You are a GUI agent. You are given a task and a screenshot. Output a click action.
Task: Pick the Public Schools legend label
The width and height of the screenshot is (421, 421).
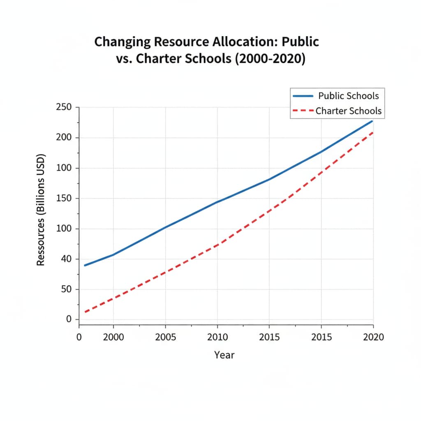tap(349, 96)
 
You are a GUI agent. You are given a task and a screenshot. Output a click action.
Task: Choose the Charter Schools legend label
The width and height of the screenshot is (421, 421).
tap(349, 111)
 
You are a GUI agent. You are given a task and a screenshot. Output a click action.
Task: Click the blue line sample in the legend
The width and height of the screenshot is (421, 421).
tap(303, 96)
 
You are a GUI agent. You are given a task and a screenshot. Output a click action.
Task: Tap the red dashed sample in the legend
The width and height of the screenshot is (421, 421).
tap(303, 111)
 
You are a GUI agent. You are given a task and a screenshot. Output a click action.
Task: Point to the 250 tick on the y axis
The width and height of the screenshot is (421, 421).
tap(63, 107)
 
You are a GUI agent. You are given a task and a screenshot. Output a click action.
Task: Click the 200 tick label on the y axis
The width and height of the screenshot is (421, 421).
tap(63, 138)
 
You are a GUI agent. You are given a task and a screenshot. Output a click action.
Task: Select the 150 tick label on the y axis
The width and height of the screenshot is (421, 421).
tap(63, 199)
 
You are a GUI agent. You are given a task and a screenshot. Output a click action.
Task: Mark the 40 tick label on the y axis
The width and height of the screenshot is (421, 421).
tap(65, 259)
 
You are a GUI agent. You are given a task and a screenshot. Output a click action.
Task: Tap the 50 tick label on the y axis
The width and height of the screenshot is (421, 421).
tap(65, 289)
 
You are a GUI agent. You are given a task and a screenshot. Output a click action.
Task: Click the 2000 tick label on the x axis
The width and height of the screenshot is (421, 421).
tap(113, 337)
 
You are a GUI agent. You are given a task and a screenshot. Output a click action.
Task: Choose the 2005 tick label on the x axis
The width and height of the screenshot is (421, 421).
tap(165, 337)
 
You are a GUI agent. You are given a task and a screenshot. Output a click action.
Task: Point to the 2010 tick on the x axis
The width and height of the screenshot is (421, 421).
tap(217, 337)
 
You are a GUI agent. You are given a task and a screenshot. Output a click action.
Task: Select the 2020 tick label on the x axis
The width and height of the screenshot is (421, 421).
tap(373, 337)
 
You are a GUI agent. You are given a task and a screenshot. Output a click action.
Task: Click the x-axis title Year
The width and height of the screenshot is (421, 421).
tap(224, 355)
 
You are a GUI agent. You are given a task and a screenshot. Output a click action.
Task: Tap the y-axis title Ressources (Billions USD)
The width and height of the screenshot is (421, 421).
tap(41, 210)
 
